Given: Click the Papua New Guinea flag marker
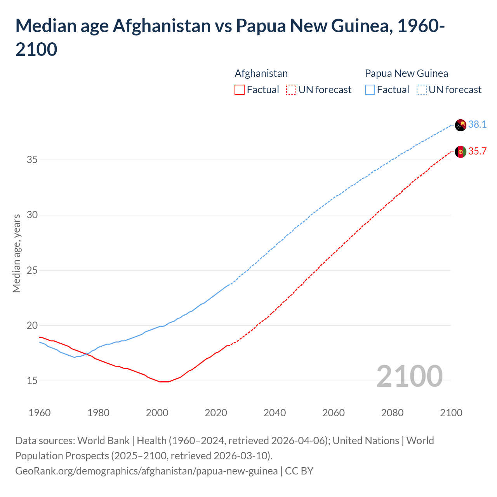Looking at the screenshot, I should point(461,125).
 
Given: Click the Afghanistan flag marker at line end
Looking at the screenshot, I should point(461,152).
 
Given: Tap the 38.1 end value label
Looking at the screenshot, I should point(477,124).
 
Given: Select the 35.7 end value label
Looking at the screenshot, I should point(477,151).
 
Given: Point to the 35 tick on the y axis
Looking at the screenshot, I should point(32,160).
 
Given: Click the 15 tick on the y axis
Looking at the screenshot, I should point(32,381).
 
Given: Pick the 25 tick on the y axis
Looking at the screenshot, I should point(32,270).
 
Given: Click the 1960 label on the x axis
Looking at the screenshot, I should point(40,413).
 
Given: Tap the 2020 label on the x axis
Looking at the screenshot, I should point(216,413).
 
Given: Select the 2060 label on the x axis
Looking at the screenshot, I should point(334,413).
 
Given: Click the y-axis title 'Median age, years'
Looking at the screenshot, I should point(16,253).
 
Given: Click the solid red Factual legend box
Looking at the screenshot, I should point(240,90).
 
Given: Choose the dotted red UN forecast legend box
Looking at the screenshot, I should point(291,90).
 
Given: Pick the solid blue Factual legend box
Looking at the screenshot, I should point(370,90).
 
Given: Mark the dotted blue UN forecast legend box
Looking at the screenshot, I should point(421,90).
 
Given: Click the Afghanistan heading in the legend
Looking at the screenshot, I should point(261,73).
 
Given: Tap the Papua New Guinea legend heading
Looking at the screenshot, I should point(406,73).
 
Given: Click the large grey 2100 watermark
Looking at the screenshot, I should point(409,376).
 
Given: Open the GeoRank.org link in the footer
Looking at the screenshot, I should point(146,471).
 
